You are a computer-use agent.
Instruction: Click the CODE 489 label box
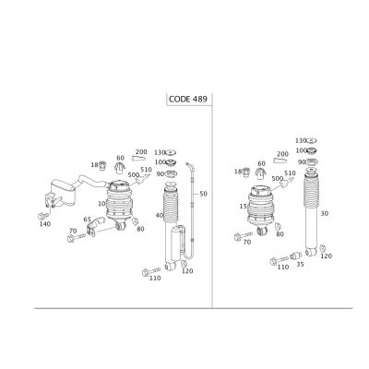189,99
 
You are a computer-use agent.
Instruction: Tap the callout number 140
45,224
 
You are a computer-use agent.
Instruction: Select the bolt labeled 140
42,215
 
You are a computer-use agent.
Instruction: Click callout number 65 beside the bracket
88,220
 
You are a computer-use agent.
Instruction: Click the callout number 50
203,194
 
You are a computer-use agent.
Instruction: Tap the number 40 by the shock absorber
160,215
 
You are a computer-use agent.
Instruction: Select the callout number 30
325,213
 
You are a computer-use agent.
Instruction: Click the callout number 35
300,264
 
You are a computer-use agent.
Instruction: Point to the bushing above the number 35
296,256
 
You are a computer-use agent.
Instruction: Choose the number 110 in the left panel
155,278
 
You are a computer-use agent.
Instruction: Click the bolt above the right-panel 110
280,259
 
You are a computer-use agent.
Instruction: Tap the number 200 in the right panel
282,154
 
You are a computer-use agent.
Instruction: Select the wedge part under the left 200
138,158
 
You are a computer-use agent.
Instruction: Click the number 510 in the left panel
146,170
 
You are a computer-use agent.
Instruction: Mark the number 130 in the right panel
301,140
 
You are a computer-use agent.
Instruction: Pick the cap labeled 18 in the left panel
103,165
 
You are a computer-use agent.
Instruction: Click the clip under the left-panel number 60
120,168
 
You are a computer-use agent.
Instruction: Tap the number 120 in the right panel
327,256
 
